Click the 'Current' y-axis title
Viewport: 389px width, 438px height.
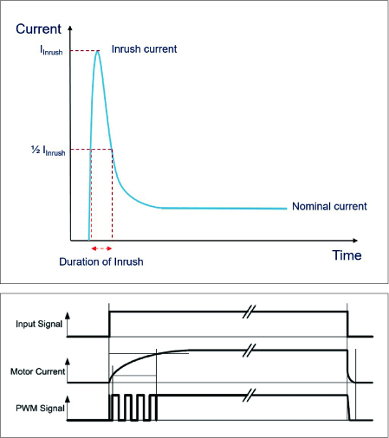tap(38, 29)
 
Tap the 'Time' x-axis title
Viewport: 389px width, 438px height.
tap(347, 255)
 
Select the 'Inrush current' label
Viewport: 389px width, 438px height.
tap(144, 49)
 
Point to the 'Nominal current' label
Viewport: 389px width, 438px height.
tap(329, 206)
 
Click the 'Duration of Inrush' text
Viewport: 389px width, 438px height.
tap(101, 261)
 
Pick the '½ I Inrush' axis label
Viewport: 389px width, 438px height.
tap(49, 151)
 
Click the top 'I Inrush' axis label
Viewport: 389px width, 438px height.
tap(51, 50)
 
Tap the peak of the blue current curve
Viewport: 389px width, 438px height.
tap(98, 51)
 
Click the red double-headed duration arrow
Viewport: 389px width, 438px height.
tap(101, 248)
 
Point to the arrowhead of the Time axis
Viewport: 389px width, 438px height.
tap(355, 241)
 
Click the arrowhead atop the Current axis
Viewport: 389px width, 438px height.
tap(70, 28)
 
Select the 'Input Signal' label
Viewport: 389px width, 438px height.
tap(39, 324)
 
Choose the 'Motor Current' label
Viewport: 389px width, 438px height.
tap(38, 371)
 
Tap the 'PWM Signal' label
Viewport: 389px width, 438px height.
tap(40, 409)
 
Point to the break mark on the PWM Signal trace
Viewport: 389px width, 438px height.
tap(249, 395)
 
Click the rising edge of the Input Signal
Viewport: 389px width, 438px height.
tap(109, 324)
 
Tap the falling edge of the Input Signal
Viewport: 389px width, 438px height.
tap(347, 324)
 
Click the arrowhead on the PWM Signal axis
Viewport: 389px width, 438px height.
tap(68, 398)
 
